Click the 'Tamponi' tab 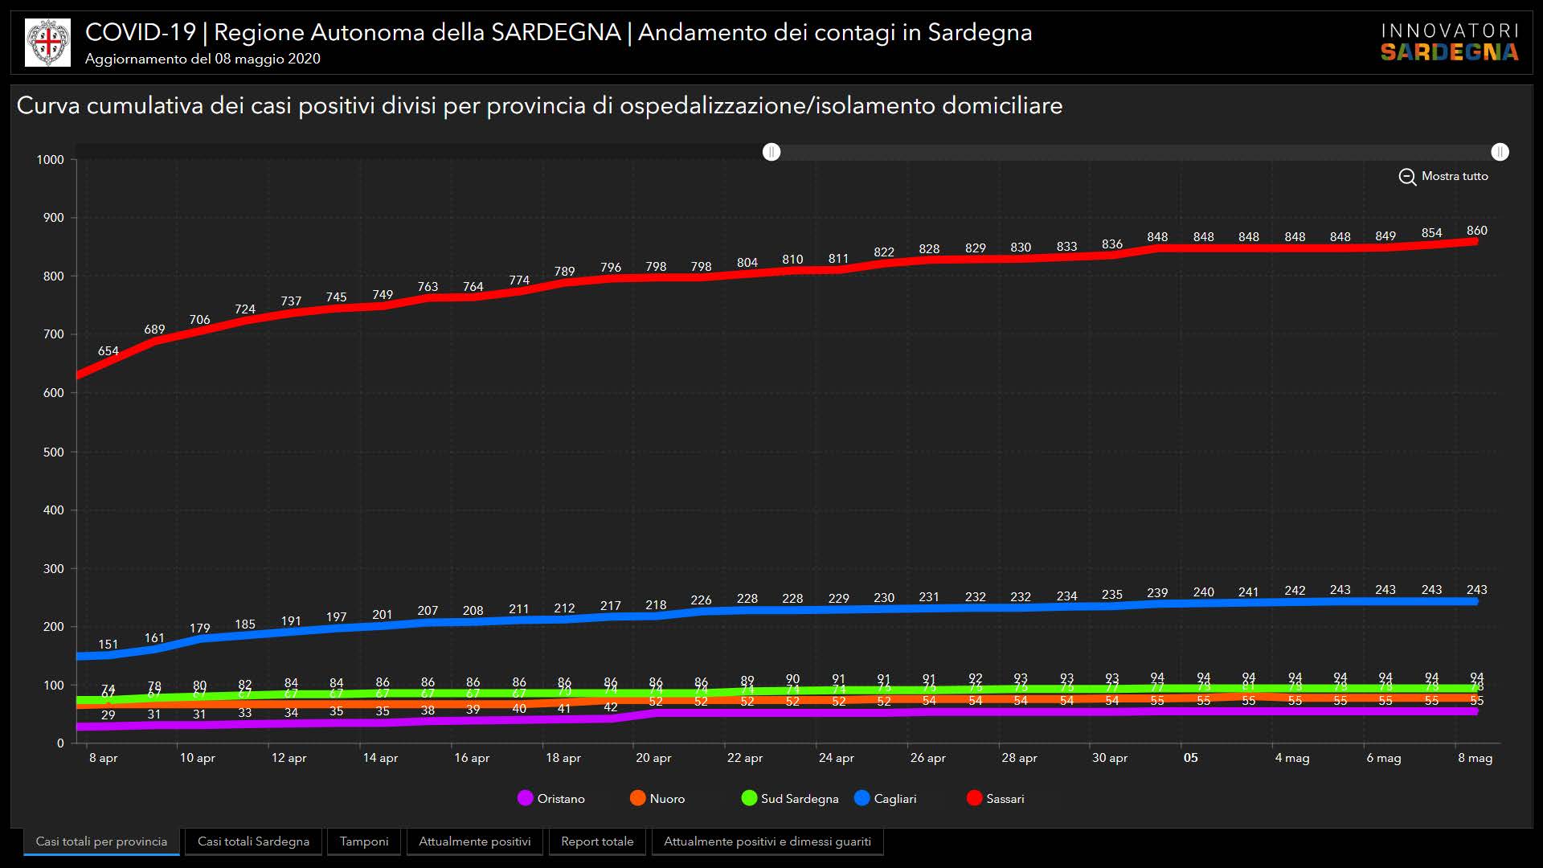click(363, 841)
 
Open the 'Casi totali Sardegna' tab click(253, 841)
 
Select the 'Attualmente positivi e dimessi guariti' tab click(767, 841)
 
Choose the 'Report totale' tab click(597, 841)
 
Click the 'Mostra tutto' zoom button click(1443, 176)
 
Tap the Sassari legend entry click(995, 798)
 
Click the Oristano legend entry click(551, 798)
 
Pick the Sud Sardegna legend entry click(789, 798)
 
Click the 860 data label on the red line click(1476, 231)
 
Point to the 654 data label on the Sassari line click(108, 351)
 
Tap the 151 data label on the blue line click(108, 645)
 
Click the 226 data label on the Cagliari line click(701, 600)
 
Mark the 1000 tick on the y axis click(51, 160)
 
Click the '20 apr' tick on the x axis click(653, 758)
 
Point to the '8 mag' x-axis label click(1475, 758)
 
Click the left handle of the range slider click(771, 152)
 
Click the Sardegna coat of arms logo click(48, 43)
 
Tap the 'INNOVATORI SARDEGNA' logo click(1449, 43)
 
